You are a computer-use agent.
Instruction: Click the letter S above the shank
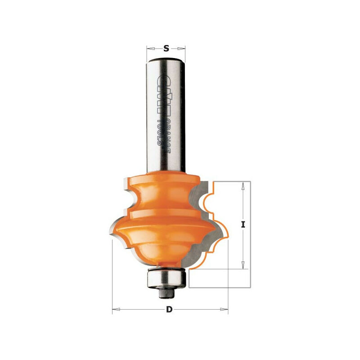(166, 49)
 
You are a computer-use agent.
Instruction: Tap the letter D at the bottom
(169, 309)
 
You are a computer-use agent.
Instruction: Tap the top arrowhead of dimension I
(243, 184)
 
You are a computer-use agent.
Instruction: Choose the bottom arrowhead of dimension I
(243, 266)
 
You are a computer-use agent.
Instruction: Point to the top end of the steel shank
(166, 60)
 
